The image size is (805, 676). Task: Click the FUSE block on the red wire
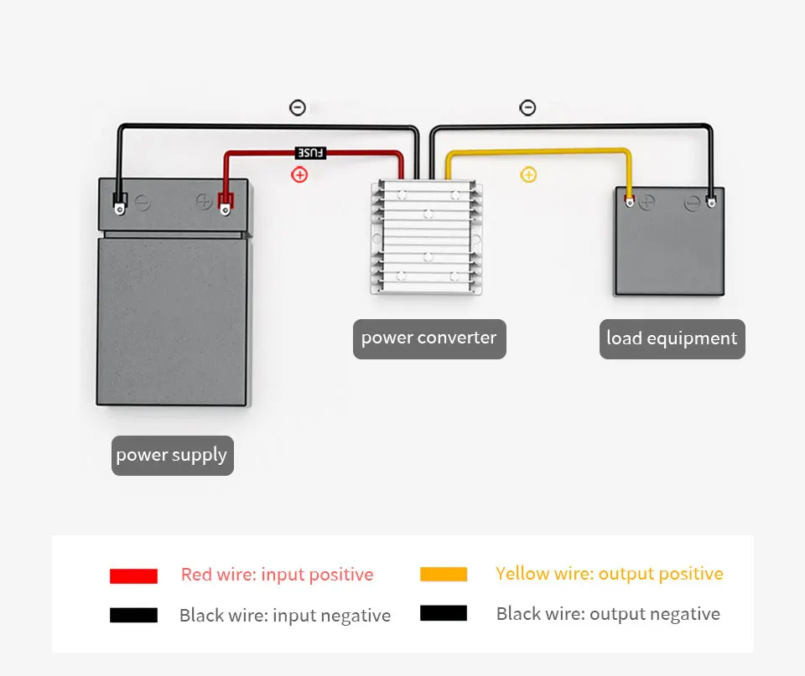[310, 152]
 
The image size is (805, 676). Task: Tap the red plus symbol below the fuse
[299, 175]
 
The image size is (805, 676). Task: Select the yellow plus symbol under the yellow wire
[528, 175]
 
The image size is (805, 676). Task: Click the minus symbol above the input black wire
[298, 108]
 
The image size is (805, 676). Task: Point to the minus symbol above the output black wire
[527, 108]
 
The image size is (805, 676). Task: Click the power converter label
[429, 339]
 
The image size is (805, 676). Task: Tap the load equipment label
[672, 339]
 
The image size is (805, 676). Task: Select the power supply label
[173, 456]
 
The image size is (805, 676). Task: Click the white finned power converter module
[427, 237]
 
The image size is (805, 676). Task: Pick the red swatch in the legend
[133, 576]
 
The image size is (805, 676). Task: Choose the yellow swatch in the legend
[444, 574]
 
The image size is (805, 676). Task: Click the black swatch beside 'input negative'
[133, 615]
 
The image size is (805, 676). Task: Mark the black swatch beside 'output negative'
[444, 613]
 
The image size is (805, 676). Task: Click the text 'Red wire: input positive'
[278, 575]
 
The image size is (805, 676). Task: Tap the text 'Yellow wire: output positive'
[610, 574]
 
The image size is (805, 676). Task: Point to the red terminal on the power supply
[225, 203]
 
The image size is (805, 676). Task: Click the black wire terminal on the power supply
[120, 204]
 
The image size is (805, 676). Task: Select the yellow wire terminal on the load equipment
[630, 201]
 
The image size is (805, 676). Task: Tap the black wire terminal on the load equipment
[712, 201]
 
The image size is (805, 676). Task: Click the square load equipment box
[670, 241]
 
